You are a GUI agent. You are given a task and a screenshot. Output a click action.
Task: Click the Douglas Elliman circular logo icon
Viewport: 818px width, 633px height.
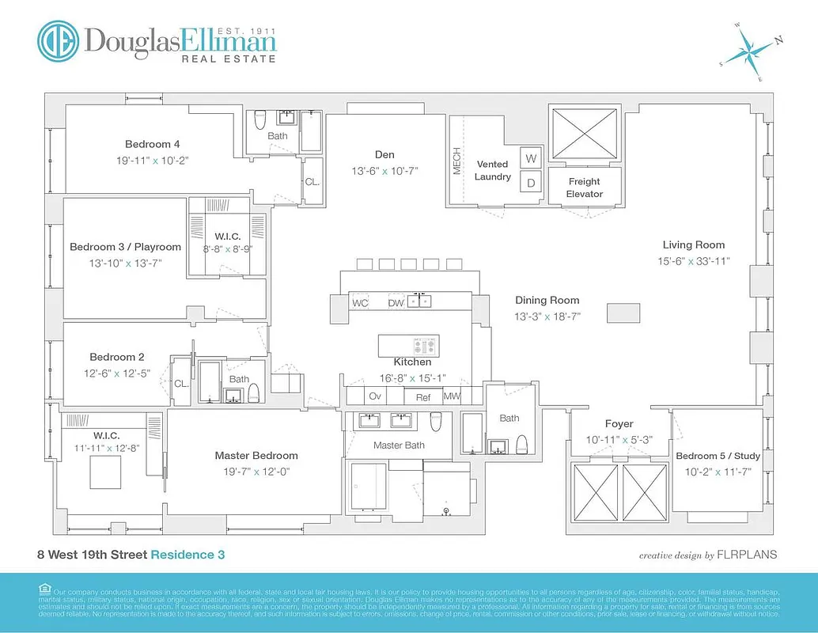(x=58, y=40)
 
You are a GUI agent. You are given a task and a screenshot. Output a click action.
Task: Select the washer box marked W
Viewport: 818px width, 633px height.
(x=531, y=157)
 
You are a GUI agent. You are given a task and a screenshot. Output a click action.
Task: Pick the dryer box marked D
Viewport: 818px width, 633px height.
(x=531, y=183)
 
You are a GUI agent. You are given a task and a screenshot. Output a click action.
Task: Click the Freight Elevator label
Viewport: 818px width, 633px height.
(x=585, y=188)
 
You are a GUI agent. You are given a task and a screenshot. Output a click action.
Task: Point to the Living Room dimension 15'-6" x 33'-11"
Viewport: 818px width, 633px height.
(x=694, y=260)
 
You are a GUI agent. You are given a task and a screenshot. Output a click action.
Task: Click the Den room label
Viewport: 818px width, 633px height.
(x=384, y=154)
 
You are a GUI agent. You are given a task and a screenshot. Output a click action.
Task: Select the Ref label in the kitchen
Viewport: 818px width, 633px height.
(x=423, y=397)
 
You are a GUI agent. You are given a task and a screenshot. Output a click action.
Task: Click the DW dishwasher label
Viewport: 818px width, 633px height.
(x=396, y=303)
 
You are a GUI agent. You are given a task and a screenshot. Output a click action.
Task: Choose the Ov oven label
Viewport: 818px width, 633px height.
(x=375, y=396)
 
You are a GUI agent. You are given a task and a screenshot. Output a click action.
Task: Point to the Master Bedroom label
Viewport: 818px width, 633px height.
(x=256, y=455)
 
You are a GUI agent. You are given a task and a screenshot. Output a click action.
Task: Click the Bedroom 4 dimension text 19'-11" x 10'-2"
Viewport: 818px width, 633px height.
(x=152, y=160)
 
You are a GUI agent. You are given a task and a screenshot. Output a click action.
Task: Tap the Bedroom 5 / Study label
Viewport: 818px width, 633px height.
(x=718, y=456)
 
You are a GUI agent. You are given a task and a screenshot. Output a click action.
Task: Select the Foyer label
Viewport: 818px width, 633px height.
(x=619, y=424)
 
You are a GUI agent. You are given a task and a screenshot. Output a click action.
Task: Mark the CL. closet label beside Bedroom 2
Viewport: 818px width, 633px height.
(x=181, y=383)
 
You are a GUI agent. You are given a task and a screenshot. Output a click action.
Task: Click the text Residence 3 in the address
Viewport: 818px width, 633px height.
(x=187, y=555)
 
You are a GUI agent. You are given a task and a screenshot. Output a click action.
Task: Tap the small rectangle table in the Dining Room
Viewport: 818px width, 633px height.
(x=623, y=313)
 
